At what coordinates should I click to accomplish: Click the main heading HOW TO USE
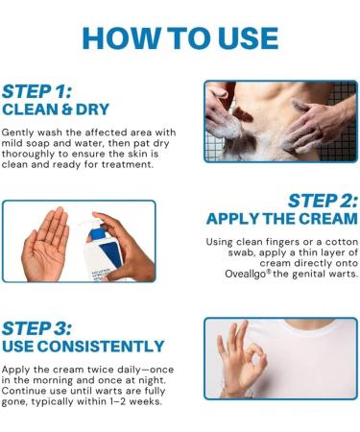180,38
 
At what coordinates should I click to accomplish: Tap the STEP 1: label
37,92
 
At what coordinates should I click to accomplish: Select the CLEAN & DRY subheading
56,109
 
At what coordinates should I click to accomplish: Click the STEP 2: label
323,201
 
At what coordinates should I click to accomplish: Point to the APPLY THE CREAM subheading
282,219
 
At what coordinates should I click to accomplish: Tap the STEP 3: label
37,328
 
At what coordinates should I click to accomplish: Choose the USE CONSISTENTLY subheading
84,347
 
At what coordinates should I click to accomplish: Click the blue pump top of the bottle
95,229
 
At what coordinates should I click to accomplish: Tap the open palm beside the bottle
46,245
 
